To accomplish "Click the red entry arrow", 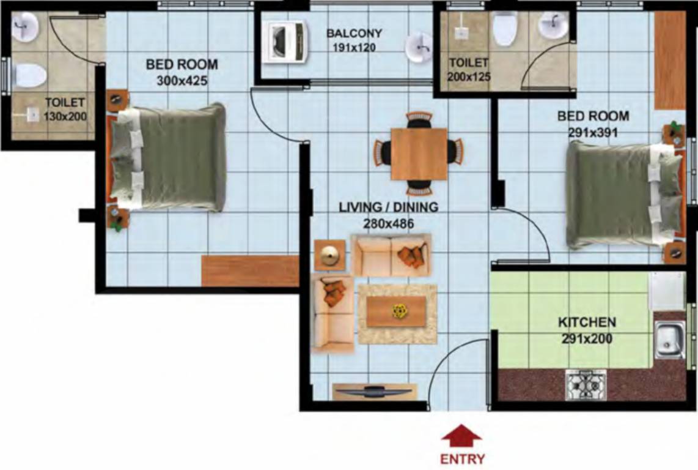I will [x=461, y=437].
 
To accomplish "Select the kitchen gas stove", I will [x=586, y=385].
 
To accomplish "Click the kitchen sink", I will [x=669, y=340].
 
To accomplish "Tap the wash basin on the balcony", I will [x=421, y=48].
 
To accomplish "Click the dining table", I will [x=419, y=153].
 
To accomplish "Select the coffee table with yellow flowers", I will [x=397, y=312].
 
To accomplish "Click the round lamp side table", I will [x=329, y=255].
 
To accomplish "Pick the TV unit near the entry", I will [x=374, y=392].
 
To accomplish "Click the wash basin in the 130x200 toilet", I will [x=26, y=26].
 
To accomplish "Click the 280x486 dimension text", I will [x=388, y=224].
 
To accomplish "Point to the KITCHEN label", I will [x=586, y=322].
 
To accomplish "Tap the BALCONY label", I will [x=354, y=33].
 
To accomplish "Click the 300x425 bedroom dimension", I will [x=182, y=80].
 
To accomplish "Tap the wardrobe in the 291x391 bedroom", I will [x=670, y=59].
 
